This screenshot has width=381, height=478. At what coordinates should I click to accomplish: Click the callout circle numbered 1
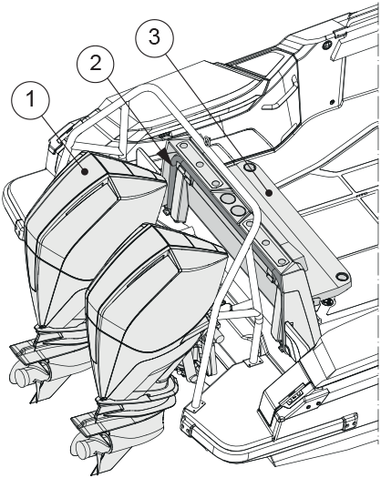pos(30,99)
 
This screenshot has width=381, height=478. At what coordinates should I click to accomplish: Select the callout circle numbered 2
pos(95,65)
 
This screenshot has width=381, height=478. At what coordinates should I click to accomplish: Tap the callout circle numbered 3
pos(154,36)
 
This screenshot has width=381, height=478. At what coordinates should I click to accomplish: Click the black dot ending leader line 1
pos(85,172)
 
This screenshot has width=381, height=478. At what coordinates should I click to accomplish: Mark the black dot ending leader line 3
pos(269,193)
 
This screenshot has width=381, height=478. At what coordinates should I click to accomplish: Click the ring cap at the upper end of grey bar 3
pos(250,167)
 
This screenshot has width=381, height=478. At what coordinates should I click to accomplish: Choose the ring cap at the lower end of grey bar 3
pos(341,277)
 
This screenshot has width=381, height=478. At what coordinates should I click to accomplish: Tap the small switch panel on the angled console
pos(293,396)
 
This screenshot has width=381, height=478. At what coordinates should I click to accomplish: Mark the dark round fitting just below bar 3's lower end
pos(327,301)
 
